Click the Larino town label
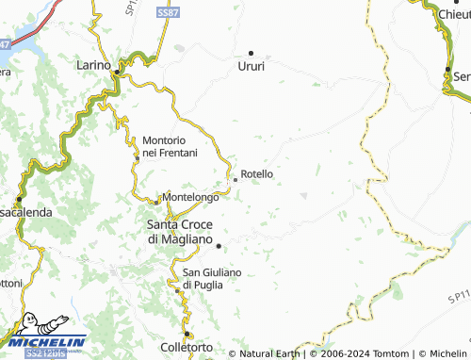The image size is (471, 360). pos(93,68)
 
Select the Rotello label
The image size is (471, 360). pos(257,174)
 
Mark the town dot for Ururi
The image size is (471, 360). pos(251,52)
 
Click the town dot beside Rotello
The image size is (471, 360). pos(235,180)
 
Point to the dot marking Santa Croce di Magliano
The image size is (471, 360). pos(219,246)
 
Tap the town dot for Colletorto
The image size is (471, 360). pos(187,334)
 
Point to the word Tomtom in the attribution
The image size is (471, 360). pos(382,354)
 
